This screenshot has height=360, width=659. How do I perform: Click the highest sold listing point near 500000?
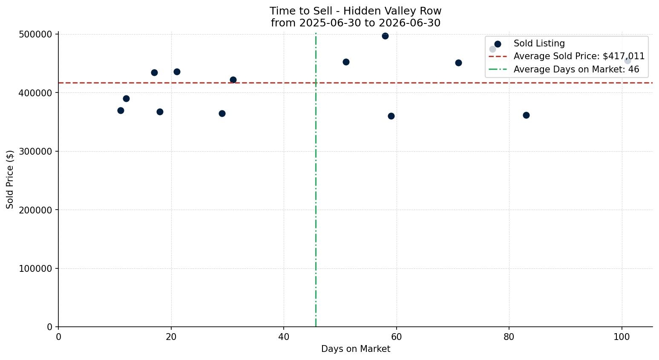click(385, 36)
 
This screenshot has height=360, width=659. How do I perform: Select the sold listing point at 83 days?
click(527, 115)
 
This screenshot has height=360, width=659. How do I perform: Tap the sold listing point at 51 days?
click(346, 62)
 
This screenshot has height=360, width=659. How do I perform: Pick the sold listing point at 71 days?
click(458, 63)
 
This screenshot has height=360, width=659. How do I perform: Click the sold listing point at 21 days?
click(177, 72)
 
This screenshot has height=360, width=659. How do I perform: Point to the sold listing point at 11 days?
click(121, 111)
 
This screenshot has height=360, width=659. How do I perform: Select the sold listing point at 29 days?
click(222, 113)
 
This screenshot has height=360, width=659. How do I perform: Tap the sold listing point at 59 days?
click(391, 116)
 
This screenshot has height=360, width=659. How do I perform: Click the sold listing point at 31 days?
click(233, 80)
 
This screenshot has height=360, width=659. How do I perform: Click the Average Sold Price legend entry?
click(567, 56)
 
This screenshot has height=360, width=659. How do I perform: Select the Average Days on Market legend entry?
click(564, 69)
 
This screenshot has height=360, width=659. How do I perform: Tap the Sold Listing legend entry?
click(530, 43)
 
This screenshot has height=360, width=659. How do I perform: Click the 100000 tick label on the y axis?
click(35, 268)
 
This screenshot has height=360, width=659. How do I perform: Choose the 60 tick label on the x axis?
click(397, 337)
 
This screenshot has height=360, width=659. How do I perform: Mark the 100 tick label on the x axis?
click(622, 337)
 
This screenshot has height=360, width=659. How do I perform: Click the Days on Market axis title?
click(356, 349)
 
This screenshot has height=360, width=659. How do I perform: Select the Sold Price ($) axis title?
click(10, 179)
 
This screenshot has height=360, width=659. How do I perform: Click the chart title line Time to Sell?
click(355, 11)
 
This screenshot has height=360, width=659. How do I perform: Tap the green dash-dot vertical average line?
click(316, 180)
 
